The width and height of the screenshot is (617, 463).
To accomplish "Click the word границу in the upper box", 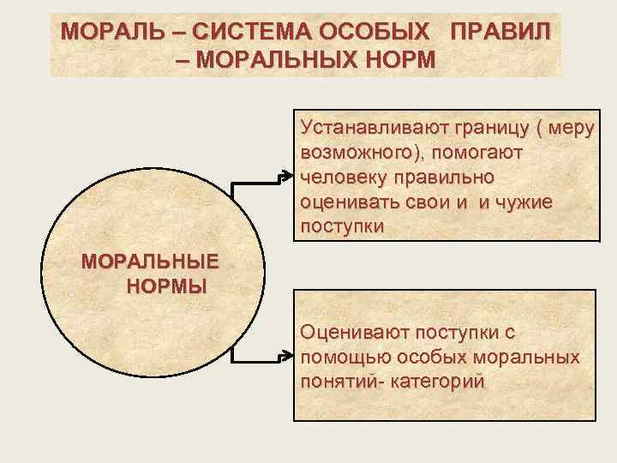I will pos(481,127).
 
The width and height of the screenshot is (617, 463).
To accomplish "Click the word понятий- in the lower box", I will pos(339,381).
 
